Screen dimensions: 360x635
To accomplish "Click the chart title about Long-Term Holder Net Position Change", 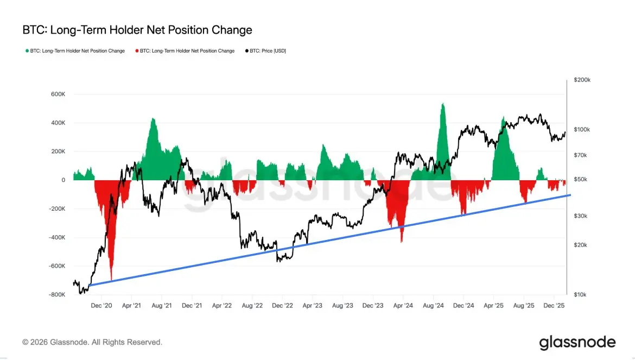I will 137,30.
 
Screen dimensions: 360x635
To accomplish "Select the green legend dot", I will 28,51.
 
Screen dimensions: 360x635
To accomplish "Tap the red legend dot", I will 136,51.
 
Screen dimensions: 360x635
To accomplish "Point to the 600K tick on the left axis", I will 58,94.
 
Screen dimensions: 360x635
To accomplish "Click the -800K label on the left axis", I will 56,295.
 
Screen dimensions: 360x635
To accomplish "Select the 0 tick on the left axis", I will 63,180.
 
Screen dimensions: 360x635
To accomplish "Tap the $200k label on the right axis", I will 582,80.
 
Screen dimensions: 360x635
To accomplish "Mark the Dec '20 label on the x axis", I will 102,306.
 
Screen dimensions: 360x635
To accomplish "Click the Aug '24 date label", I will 435,306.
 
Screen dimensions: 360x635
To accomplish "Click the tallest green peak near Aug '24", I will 443,104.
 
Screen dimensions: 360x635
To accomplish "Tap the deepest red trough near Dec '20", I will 111,280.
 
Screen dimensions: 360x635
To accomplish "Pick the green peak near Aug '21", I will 153,118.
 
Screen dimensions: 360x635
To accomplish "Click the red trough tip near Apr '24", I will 402,242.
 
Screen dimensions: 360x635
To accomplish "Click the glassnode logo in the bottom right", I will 577,343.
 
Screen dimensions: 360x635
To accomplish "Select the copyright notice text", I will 92,343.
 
